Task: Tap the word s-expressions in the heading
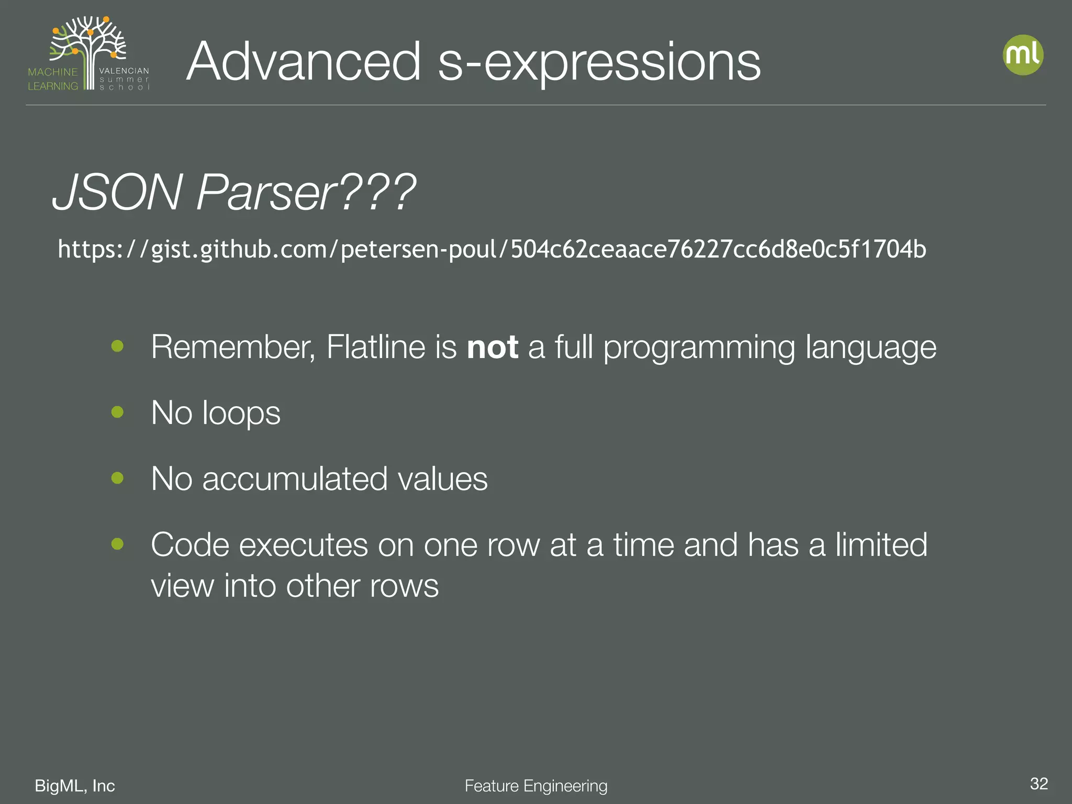point(599,63)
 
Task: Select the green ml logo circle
point(1023,55)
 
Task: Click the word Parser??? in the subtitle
point(306,193)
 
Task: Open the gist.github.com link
point(492,249)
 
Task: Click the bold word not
point(492,347)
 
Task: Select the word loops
point(241,414)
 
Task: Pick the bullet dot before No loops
point(117,412)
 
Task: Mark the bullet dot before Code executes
point(117,544)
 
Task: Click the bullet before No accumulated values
point(117,478)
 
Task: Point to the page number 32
point(1038,784)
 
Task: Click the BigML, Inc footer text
point(75,786)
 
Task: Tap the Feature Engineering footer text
point(536,786)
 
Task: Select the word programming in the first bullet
point(699,348)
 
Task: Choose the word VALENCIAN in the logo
point(124,71)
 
